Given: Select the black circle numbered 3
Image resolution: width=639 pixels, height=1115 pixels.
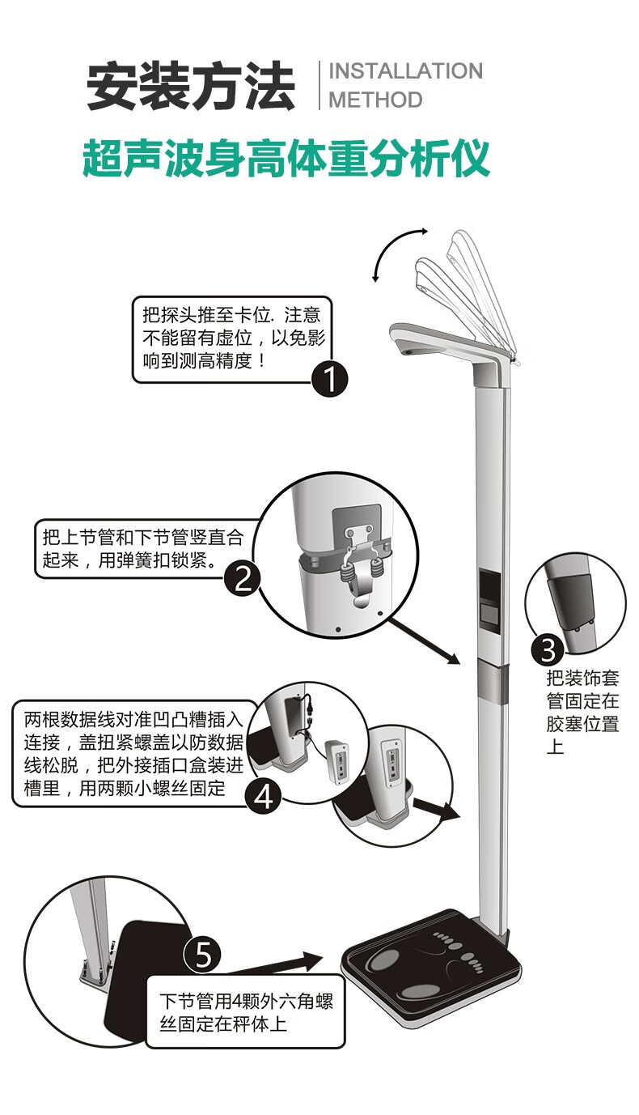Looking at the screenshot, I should (548, 649).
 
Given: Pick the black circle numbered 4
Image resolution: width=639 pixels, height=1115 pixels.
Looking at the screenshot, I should (264, 797).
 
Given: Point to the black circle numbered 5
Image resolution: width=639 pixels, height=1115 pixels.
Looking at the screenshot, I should (203, 955).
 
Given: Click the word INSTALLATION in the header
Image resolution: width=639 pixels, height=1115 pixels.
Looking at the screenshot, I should (405, 71).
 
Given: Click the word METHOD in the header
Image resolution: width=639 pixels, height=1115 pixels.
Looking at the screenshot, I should (375, 100).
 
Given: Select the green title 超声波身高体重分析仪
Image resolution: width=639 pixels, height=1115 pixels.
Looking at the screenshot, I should (286, 158).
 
